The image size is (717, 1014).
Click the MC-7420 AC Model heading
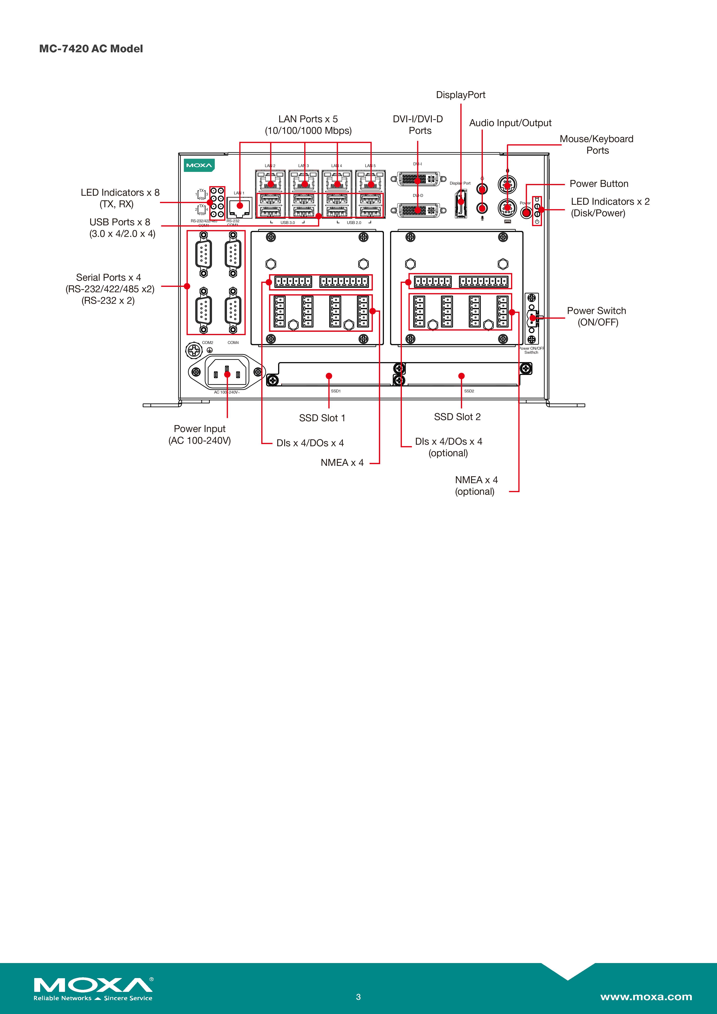[x=91, y=49]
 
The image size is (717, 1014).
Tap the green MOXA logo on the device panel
[x=199, y=165]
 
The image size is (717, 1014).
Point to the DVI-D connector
[x=417, y=210]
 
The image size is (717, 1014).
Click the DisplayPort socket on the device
[x=461, y=204]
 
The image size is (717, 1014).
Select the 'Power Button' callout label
[x=599, y=184]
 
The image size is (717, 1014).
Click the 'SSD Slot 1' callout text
[x=322, y=418]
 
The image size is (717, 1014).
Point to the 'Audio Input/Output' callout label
[x=510, y=123]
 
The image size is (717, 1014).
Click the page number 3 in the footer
[x=358, y=997]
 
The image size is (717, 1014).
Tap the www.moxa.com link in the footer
[x=646, y=997]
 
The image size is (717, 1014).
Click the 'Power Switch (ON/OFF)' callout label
[x=597, y=316]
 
